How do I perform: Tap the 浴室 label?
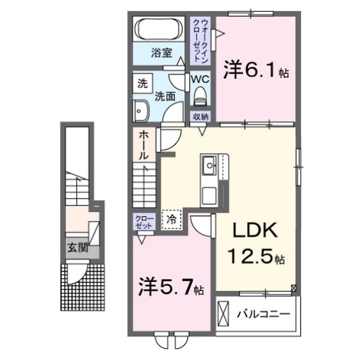click(x=161, y=53)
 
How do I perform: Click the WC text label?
click(x=200, y=79)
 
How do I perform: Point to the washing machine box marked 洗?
click(x=142, y=83)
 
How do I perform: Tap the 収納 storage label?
click(x=201, y=117)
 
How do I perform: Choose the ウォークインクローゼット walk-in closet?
click(x=200, y=41)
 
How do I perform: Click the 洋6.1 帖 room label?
click(x=256, y=69)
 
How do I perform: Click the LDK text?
click(x=255, y=230)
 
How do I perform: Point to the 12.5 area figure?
click(x=251, y=256)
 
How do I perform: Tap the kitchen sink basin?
click(x=209, y=165)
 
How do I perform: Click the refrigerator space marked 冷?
click(x=172, y=220)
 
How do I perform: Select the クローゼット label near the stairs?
click(x=144, y=222)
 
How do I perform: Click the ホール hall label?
click(x=143, y=145)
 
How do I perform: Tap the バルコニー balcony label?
click(x=264, y=314)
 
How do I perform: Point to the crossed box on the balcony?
click(x=223, y=313)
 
